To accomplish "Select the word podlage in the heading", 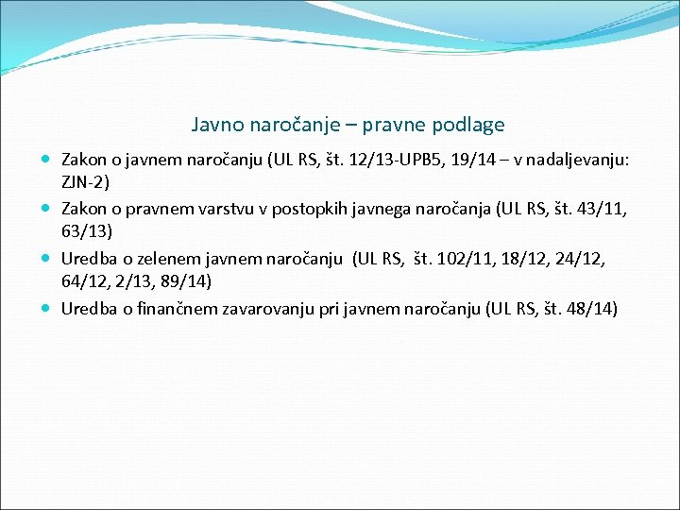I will pos(474,125).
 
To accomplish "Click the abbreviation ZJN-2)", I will pos(86,182).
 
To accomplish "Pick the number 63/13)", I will pos(87,231).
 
